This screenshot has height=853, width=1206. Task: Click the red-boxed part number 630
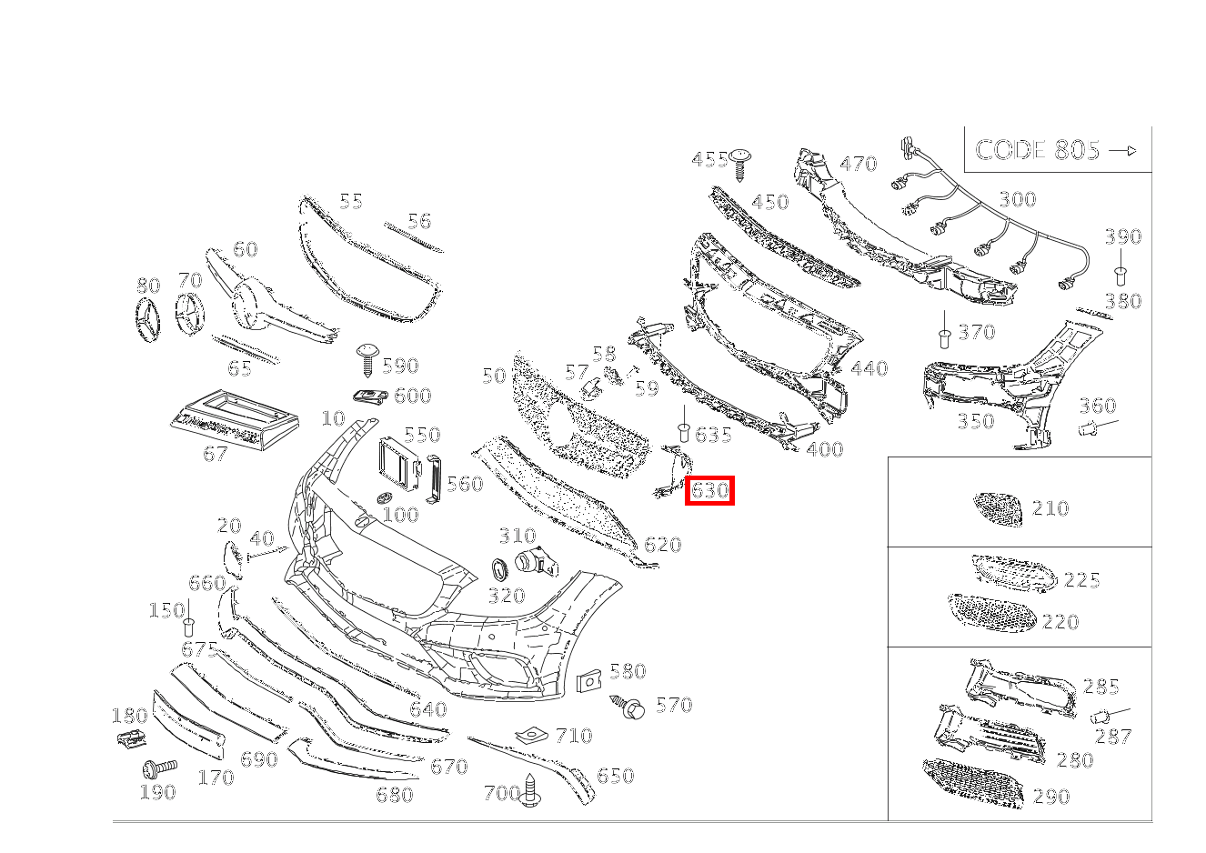click(x=709, y=490)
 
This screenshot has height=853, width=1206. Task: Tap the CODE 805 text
click(x=1037, y=150)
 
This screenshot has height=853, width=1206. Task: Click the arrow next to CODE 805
click(x=1122, y=151)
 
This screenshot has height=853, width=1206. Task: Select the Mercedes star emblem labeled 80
click(x=146, y=318)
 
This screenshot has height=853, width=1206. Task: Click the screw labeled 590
click(x=368, y=359)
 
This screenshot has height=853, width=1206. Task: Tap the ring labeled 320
click(x=500, y=571)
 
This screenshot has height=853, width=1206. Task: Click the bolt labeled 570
click(x=628, y=707)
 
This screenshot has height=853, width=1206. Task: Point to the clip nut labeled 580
click(x=588, y=681)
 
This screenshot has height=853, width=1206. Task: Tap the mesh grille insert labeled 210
click(x=998, y=508)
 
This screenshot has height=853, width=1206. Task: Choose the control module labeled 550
click(x=399, y=464)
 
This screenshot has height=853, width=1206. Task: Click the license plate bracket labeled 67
click(x=235, y=419)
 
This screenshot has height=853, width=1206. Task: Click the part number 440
click(x=869, y=368)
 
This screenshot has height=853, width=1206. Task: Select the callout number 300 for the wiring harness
click(x=1018, y=200)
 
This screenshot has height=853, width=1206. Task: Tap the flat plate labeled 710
click(x=531, y=734)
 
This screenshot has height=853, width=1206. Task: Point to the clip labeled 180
click(x=131, y=738)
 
